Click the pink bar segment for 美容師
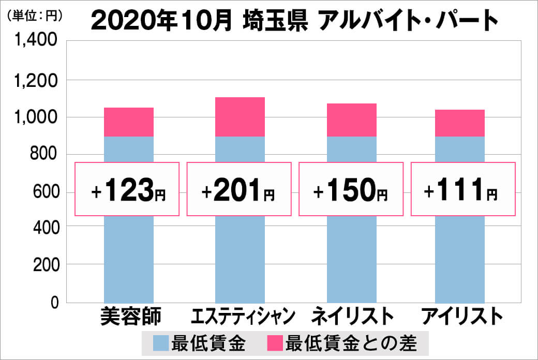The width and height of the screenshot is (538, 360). (x=129, y=122)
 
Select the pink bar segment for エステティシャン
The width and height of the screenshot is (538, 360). (x=240, y=117)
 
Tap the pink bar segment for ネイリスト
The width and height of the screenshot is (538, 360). (x=351, y=120)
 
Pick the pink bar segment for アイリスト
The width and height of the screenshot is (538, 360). (x=460, y=123)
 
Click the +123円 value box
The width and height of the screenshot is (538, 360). (x=128, y=189)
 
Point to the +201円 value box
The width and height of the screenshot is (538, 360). (x=239, y=189)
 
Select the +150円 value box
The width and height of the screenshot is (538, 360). (x=351, y=189)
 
